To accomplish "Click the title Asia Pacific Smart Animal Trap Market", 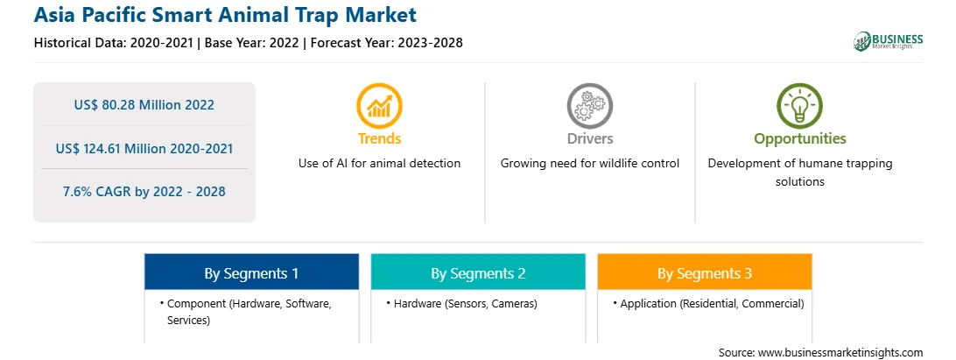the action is pyautogui.click(x=225, y=15).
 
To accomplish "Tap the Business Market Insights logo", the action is pyautogui.click(x=888, y=41).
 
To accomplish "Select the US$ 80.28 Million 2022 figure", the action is pyautogui.click(x=144, y=105).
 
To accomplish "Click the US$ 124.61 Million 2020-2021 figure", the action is pyautogui.click(x=144, y=148).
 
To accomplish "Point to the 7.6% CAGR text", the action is pyautogui.click(x=144, y=192).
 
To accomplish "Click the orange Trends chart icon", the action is pyautogui.click(x=379, y=106).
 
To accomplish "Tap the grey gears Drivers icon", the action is pyautogui.click(x=589, y=106).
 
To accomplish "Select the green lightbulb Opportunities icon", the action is pyautogui.click(x=800, y=106).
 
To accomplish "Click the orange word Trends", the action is pyautogui.click(x=379, y=138).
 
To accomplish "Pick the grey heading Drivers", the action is pyautogui.click(x=589, y=138).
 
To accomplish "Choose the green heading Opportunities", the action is pyautogui.click(x=800, y=139).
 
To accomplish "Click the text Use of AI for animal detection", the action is pyautogui.click(x=379, y=164).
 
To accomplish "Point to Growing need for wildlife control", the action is pyautogui.click(x=589, y=164).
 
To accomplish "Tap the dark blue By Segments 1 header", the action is pyautogui.click(x=252, y=272).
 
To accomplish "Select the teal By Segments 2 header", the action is pyautogui.click(x=478, y=272).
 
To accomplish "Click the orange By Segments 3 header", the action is pyautogui.click(x=705, y=272).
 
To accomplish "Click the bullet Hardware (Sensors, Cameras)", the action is pyautogui.click(x=461, y=304).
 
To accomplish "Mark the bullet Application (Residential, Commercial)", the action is pyautogui.click(x=708, y=304).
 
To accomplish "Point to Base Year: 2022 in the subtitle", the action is pyautogui.click(x=252, y=43).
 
